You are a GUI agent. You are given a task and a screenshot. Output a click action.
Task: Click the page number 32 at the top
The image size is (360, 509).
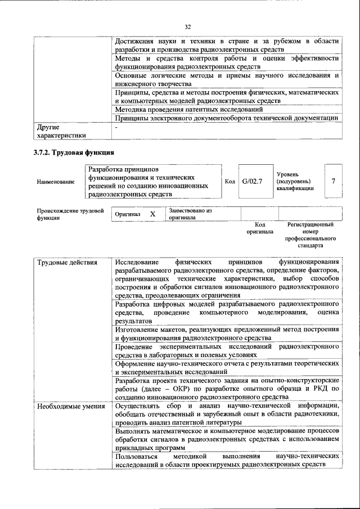pos(187,25)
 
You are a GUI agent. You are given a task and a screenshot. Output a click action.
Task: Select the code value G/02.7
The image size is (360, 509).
pos(252,181)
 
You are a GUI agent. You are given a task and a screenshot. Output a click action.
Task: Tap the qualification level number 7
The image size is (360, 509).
pos(334,181)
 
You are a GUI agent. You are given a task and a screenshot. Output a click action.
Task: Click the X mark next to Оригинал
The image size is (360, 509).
pos(152,214)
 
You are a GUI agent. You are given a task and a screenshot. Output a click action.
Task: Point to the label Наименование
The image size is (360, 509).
pos(55,182)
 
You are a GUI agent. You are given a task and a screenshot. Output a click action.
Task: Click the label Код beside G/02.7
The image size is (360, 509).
pos(229,181)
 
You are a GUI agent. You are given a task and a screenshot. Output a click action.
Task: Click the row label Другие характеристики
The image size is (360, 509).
pos(61,131)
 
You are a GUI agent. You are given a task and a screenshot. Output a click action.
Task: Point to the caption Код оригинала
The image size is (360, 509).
pos(260,228)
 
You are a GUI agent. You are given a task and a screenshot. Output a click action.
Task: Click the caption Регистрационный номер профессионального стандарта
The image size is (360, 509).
pos(310,235)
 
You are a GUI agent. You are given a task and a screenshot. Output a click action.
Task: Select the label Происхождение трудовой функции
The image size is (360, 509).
pos(70,214)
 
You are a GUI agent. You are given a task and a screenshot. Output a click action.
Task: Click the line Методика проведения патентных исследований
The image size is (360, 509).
pos(188,109)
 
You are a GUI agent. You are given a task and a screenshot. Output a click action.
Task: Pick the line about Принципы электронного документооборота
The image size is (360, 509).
pos(226,118)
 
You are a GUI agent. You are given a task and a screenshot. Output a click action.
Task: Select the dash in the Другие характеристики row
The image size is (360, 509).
pos(116,128)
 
